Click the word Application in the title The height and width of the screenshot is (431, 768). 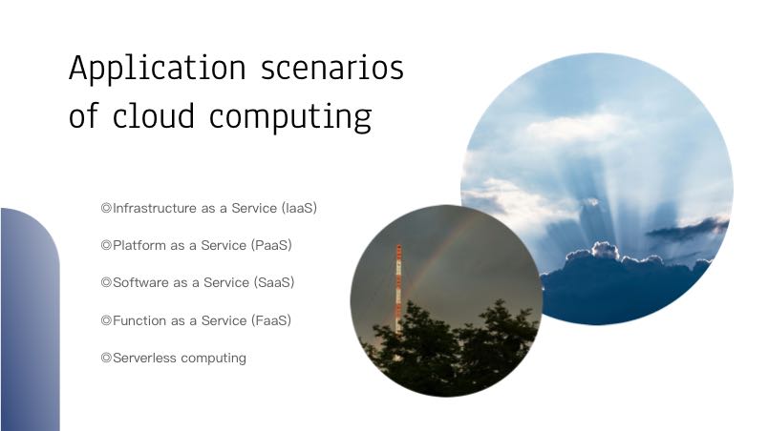coord(158,69)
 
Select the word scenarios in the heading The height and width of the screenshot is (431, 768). coord(332,68)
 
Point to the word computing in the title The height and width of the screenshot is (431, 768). coord(290,117)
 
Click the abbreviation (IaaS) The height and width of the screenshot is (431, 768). coord(299,208)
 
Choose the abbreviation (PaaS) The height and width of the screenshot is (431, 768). coord(271,245)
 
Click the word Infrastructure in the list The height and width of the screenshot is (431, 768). coord(155,208)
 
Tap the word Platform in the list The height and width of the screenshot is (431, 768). coord(139,245)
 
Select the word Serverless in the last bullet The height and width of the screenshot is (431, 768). coord(144,358)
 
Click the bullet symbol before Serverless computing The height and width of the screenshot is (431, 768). coord(106,358)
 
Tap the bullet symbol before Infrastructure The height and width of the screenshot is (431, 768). coord(106,208)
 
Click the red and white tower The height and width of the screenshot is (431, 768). coord(398,289)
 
